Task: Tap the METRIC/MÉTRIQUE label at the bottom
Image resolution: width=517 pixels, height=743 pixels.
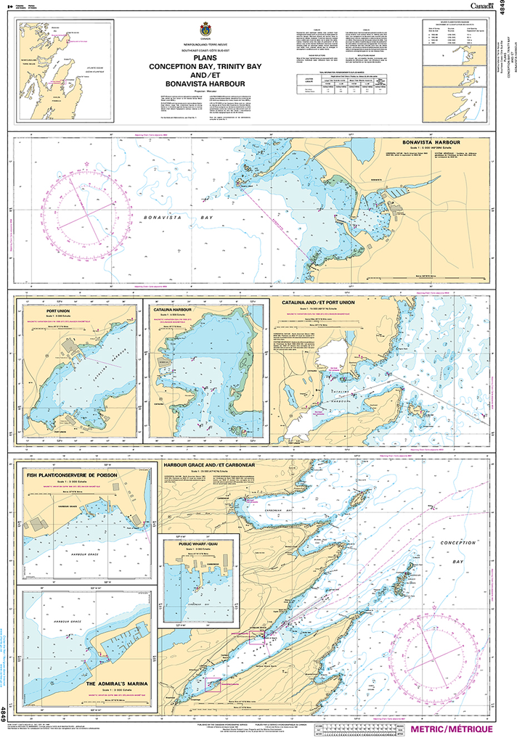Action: [450, 729]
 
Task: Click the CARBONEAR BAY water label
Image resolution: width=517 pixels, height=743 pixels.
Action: [289, 500]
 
